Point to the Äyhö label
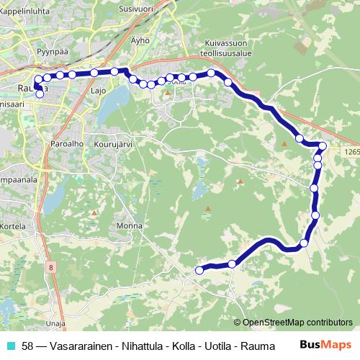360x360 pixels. click(x=140, y=40)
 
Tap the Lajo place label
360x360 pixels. click(x=98, y=91)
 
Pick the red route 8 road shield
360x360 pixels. click(x=51, y=268)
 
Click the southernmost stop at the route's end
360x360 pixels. click(x=199, y=270)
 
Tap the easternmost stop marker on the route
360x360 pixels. click(x=323, y=146)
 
